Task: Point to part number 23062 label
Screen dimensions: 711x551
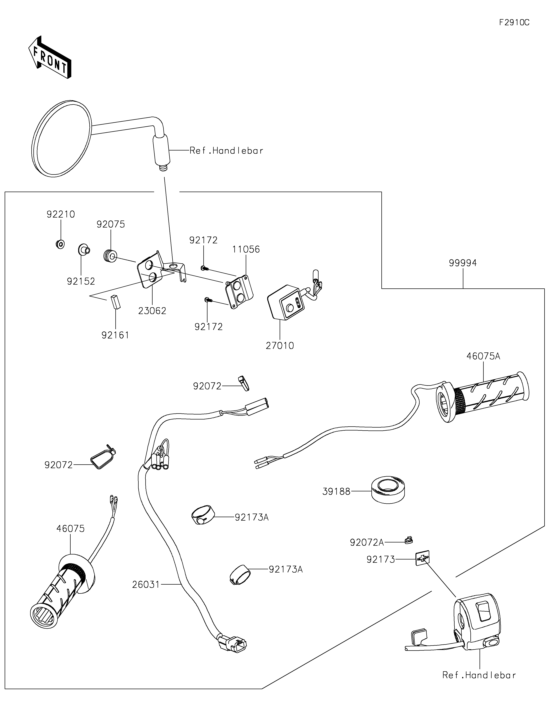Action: (152, 311)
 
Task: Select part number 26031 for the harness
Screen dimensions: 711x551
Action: (146, 585)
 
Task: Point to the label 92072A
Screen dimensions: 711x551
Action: (367, 542)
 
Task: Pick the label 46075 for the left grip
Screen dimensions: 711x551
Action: (70, 529)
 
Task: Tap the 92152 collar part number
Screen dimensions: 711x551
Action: (81, 281)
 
